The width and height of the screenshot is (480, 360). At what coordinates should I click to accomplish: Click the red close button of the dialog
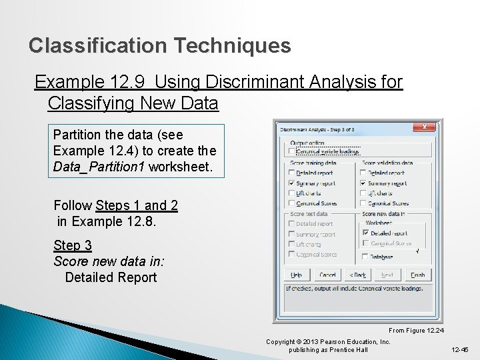tap(424, 127)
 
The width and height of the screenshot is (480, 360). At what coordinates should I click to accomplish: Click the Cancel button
tap(327, 274)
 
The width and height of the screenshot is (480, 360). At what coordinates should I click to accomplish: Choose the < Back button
tap(357, 274)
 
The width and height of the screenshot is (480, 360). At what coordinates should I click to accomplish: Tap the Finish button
tap(417, 274)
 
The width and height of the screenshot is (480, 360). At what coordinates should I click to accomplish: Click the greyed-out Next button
tap(387, 274)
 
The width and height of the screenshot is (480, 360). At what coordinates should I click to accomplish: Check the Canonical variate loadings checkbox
tap(291, 151)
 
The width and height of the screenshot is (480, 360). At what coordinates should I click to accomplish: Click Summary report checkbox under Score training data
tap(291, 183)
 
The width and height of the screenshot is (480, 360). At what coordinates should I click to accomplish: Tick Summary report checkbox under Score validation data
tap(363, 183)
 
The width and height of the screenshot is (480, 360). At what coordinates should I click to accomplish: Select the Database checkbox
tap(365, 256)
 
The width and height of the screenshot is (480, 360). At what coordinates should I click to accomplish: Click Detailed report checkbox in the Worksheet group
tap(365, 233)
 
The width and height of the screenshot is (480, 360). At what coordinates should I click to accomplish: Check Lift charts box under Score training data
tap(291, 193)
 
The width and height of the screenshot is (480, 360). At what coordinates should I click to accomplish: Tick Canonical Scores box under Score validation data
tap(363, 203)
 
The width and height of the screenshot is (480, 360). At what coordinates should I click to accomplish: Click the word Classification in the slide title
tap(98, 46)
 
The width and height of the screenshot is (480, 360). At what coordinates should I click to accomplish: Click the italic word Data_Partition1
tap(99, 167)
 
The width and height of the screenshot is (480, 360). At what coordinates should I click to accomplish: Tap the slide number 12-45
tap(461, 349)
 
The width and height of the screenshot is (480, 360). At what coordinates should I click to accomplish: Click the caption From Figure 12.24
tap(416, 331)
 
